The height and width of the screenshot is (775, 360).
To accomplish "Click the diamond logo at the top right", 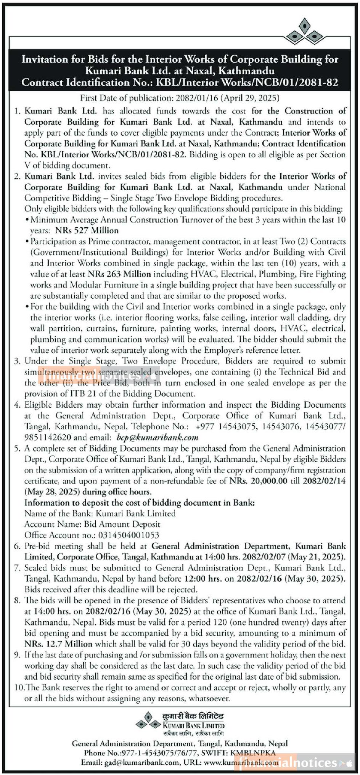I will point(304,31).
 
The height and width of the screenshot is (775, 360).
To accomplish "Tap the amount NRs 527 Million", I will point(87,230).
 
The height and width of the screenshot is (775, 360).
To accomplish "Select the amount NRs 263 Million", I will point(119,274).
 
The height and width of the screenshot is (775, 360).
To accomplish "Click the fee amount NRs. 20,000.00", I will point(258,481).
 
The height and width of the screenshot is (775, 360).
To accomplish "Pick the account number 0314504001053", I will point(129,535).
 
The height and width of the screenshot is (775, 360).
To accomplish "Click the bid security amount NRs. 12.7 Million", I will point(58,644).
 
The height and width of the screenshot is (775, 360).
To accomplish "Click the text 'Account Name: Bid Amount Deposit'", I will point(92,524).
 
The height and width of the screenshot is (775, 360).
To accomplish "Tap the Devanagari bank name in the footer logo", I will point(193,716).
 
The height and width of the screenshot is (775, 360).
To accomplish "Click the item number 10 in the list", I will point(19,688).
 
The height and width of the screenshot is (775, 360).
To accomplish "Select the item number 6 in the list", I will point(17,546).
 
